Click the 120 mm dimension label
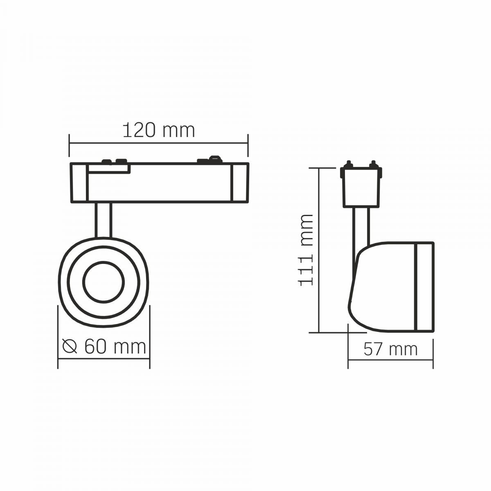pyautogui.click(x=158, y=131)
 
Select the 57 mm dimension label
pyautogui.click(x=390, y=349)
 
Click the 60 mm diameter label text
pyautogui.click(x=115, y=347)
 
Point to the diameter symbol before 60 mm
pyautogui.click(x=70, y=347)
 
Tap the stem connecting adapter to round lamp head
pyautogui.click(x=104, y=220)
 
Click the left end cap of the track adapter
pyautogui.click(x=79, y=182)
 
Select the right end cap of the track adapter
pyautogui.click(x=240, y=182)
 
